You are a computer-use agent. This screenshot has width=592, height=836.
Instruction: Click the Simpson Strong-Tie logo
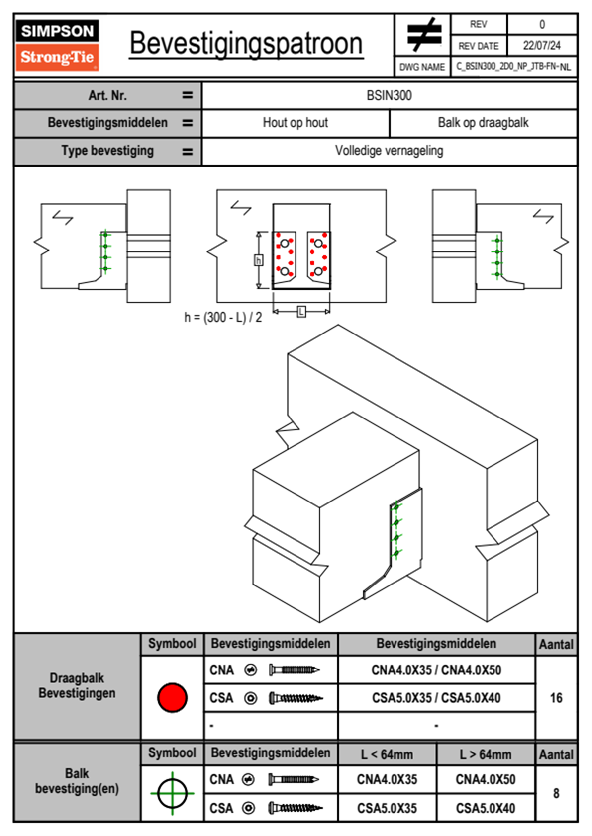57,45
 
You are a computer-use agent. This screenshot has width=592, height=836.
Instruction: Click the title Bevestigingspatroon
246,43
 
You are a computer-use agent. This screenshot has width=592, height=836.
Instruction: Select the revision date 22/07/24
541,46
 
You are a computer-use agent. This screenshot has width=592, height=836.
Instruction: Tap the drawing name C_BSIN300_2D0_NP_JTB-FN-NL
513,67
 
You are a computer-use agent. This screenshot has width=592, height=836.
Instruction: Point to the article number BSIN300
389,96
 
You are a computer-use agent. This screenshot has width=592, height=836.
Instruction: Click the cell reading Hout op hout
296,123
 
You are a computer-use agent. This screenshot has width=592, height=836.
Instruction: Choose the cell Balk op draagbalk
483,123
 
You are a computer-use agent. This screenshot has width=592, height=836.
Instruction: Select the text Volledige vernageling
389,151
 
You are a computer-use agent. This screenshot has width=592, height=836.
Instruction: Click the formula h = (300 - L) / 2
223,317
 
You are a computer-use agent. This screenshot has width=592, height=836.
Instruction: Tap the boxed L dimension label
301,312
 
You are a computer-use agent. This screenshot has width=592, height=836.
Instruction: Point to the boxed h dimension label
258,260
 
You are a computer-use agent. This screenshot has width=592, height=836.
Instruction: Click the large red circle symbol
172,697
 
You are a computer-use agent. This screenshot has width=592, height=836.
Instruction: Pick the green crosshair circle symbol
172,793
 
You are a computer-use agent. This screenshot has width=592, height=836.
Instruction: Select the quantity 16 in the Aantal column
556,698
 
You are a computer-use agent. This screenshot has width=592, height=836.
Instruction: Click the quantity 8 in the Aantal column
556,793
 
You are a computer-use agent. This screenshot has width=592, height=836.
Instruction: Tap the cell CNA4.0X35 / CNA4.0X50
436,670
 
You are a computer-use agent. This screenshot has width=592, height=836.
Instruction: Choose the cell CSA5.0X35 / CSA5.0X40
436,698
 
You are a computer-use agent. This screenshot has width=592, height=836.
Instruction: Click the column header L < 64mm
387,754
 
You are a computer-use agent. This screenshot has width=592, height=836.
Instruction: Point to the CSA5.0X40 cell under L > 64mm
486,808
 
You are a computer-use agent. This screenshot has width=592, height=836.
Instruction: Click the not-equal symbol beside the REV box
423,35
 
